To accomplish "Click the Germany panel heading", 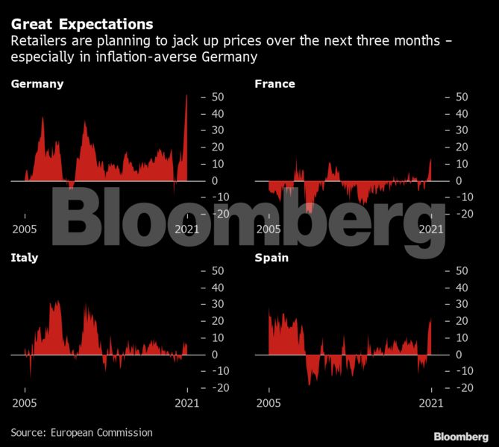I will point(37,84).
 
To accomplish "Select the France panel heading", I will point(274,84).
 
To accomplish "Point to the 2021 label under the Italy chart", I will point(186,404).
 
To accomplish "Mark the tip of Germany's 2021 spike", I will point(186,95).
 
